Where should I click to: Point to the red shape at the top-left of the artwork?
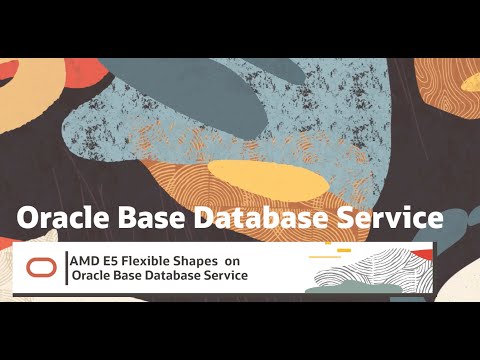point(10,72)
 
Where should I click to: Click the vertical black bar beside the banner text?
point(66,267)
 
